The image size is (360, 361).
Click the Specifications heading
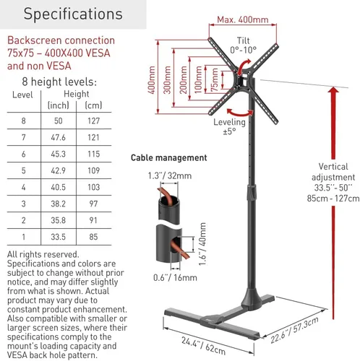(x=73, y=14)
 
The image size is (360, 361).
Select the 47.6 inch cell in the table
(x=58, y=137)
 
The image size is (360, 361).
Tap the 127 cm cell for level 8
(x=93, y=121)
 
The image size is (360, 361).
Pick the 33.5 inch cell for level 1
(x=58, y=237)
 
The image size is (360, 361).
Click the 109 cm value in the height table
(x=93, y=170)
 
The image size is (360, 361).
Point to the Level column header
(x=22, y=95)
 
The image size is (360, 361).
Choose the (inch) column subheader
(x=59, y=105)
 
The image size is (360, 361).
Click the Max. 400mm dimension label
(x=243, y=19)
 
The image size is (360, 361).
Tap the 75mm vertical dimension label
(x=215, y=79)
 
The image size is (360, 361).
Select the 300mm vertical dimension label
(x=167, y=79)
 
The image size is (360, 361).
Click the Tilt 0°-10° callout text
(x=243, y=45)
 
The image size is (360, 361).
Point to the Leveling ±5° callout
(x=229, y=126)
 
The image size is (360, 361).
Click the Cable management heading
(x=168, y=158)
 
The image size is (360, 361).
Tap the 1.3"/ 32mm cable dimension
(x=170, y=175)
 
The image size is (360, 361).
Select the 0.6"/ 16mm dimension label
(x=175, y=277)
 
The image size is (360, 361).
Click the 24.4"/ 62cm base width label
(x=204, y=346)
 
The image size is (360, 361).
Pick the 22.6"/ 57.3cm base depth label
(x=294, y=330)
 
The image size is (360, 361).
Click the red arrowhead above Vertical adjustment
(x=333, y=90)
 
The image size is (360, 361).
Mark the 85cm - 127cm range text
(x=333, y=199)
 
